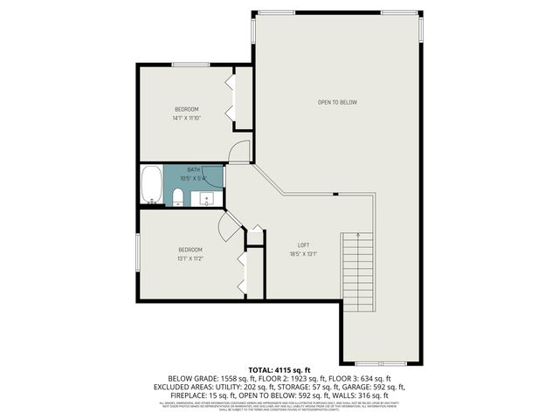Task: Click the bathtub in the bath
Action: [x=151, y=184]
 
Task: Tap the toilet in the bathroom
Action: [x=176, y=195]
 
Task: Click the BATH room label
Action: [x=192, y=169]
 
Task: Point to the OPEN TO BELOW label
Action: [x=337, y=102]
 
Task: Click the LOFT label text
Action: [x=303, y=244]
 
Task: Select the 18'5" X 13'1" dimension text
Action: [x=303, y=254]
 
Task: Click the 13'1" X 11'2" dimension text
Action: [x=190, y=258]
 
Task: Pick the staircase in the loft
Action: [x=355, y=266]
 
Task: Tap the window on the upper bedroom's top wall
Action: [x=190, y=64]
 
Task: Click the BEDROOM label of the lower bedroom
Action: [x=190, y=250]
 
